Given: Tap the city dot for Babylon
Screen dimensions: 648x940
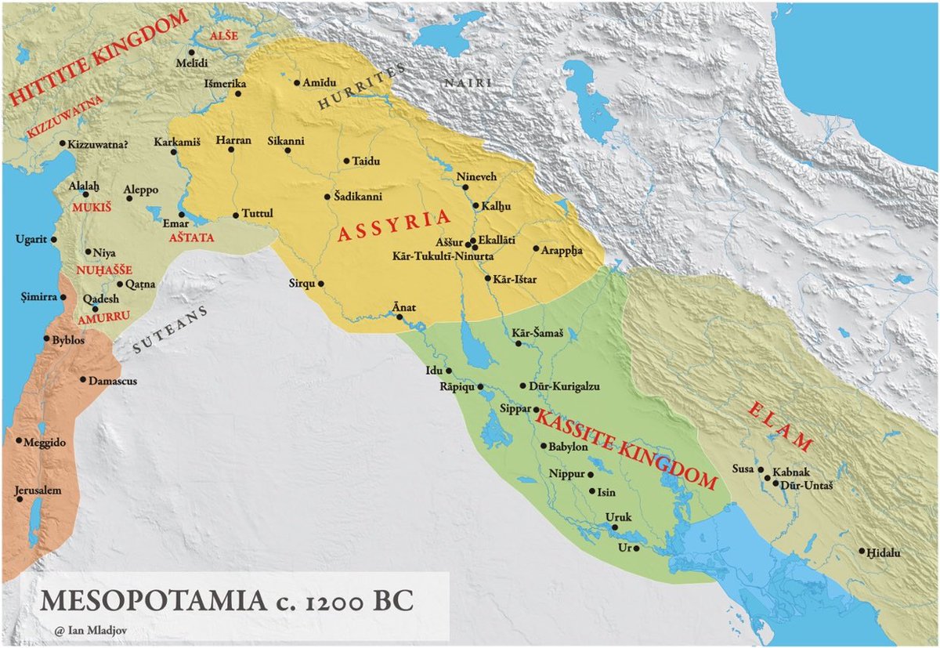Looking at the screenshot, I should pos(543,446).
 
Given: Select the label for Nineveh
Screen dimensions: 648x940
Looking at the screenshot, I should pos(476,177).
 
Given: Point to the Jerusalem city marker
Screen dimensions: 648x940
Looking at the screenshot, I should pos(17,498).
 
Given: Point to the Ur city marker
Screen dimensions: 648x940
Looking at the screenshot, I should pos(637,548).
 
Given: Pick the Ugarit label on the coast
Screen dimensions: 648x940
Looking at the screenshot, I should pos(31,239).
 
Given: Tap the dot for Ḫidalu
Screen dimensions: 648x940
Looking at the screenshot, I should pos(862,552).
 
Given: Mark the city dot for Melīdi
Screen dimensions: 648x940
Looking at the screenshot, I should pos(191,52).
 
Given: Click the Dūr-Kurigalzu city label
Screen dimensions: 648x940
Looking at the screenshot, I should pos(561,386).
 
